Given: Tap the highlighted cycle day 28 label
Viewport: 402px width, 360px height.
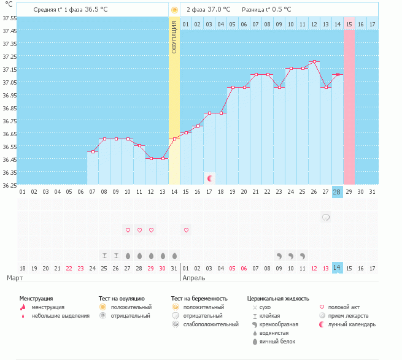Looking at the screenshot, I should (x=337, y=192).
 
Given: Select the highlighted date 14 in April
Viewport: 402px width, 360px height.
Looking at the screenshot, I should (x=337, y=268).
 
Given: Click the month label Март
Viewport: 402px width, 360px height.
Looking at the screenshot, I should (x=16, y=278).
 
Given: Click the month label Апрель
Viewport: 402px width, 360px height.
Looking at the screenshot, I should (x=195, y=278).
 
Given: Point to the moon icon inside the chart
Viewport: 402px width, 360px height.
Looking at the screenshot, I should (x=210, y=178).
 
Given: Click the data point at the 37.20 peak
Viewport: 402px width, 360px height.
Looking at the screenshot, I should (x=314, y=61).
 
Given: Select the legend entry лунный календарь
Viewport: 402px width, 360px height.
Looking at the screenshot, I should (x=351, y=324).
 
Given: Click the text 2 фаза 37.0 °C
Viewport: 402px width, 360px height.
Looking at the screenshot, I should (x=208, y=10).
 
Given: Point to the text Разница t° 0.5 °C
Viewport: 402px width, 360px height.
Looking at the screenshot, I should (x=266, y=10).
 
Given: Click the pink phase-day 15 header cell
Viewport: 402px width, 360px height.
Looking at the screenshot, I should (x=349, y=24).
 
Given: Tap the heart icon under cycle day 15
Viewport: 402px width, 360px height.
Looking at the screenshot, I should (x=187, y=230).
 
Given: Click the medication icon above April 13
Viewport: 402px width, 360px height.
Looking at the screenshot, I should (x=326, y=217).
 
